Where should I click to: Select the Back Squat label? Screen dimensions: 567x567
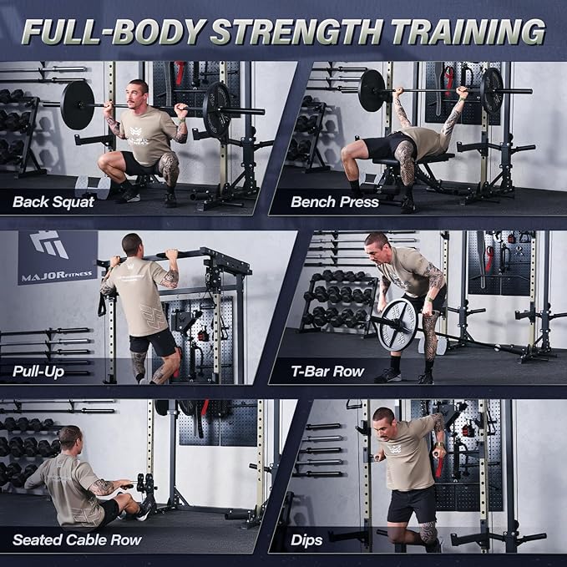click(53, 201)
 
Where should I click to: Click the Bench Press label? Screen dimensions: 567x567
click(335, 201)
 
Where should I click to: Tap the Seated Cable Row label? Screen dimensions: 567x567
click(77, 539)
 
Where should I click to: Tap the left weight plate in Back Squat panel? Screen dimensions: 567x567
click(78, 105)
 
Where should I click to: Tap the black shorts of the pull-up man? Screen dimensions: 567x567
click(153, 341)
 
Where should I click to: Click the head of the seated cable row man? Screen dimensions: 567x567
click(71, 438)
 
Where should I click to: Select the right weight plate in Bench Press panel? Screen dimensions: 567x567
click(492, 89)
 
